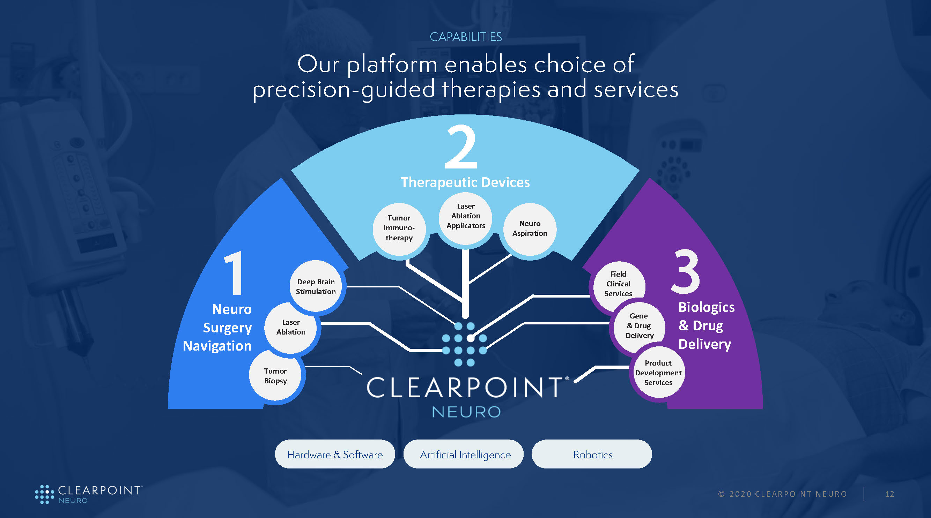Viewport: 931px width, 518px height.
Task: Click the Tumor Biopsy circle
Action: pos(275,376)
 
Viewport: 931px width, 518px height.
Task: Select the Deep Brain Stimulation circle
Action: pos(316,286)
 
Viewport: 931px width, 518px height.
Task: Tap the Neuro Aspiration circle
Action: pos(530,229)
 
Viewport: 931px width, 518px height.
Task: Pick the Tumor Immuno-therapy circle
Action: pos(399,228)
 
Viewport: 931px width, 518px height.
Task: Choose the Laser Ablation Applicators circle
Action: pos(466,216)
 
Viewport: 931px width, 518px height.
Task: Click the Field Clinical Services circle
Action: pos(618,284)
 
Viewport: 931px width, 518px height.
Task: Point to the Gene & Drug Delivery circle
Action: pos(639,326)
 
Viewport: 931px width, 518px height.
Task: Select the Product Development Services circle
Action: pos(658,373)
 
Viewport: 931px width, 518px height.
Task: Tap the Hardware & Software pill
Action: pos(335,455)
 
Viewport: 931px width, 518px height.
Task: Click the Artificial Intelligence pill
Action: pos(465,455)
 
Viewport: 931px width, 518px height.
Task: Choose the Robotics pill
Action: pos(592,455)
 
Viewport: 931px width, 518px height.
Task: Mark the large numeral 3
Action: pos(685,271)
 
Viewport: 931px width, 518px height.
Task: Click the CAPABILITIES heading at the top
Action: pos(466,37)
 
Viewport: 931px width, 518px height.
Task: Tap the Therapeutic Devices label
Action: pos(465,182)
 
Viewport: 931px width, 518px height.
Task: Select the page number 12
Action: pos(889,494)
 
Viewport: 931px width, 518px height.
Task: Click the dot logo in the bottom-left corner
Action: pos(44,494)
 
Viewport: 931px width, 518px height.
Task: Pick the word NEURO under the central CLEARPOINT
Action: pos(466,412)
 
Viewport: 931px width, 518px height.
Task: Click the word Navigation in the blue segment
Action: pos(217,346)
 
